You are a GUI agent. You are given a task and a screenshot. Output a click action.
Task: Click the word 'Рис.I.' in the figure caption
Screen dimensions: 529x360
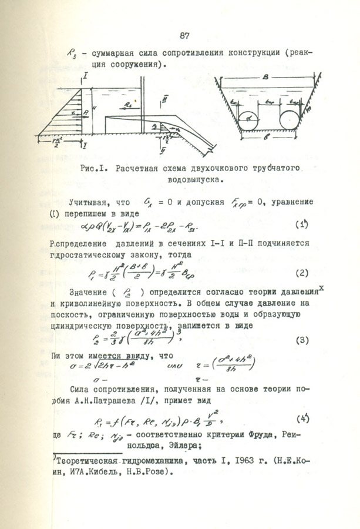pyautogui.click(x=95, y=168)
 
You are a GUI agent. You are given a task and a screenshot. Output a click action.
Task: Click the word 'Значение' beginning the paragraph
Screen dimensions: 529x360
pyautogui.click(x=89, y=292)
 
